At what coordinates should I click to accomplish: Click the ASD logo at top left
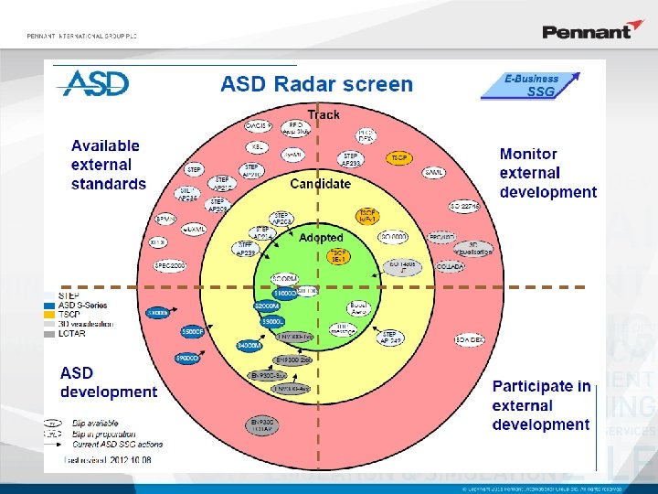pyautogui.click(x=93, y=83)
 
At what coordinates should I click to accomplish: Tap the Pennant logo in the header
pyautogui.click(x=586, y=31)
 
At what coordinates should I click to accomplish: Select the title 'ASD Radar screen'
pyautogui.click(x=316, y=84)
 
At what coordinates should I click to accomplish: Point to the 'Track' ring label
pyautogui.click(x=323, y=114)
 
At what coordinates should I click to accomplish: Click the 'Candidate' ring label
pyautogui.click(x=320, y=183)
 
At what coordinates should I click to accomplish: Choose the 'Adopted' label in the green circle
pyautogui.click(x=321, y=237)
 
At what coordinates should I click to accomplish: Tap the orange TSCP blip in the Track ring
pyautogui.click(x=399, y=158)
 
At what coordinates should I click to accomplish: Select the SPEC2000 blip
pyautogui.click(x=170, y=265)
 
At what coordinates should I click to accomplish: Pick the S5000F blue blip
pyautogui.click(x=192, y=331)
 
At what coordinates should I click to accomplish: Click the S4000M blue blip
pyautogui.click(x=249, y=345)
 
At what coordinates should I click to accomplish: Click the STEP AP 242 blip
pyautogui.click(x=390, y=338)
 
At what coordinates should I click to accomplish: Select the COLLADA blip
pyautogui.click(x=450, y=266)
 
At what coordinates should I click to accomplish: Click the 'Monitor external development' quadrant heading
pyautogui.click(x=547, y=173)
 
